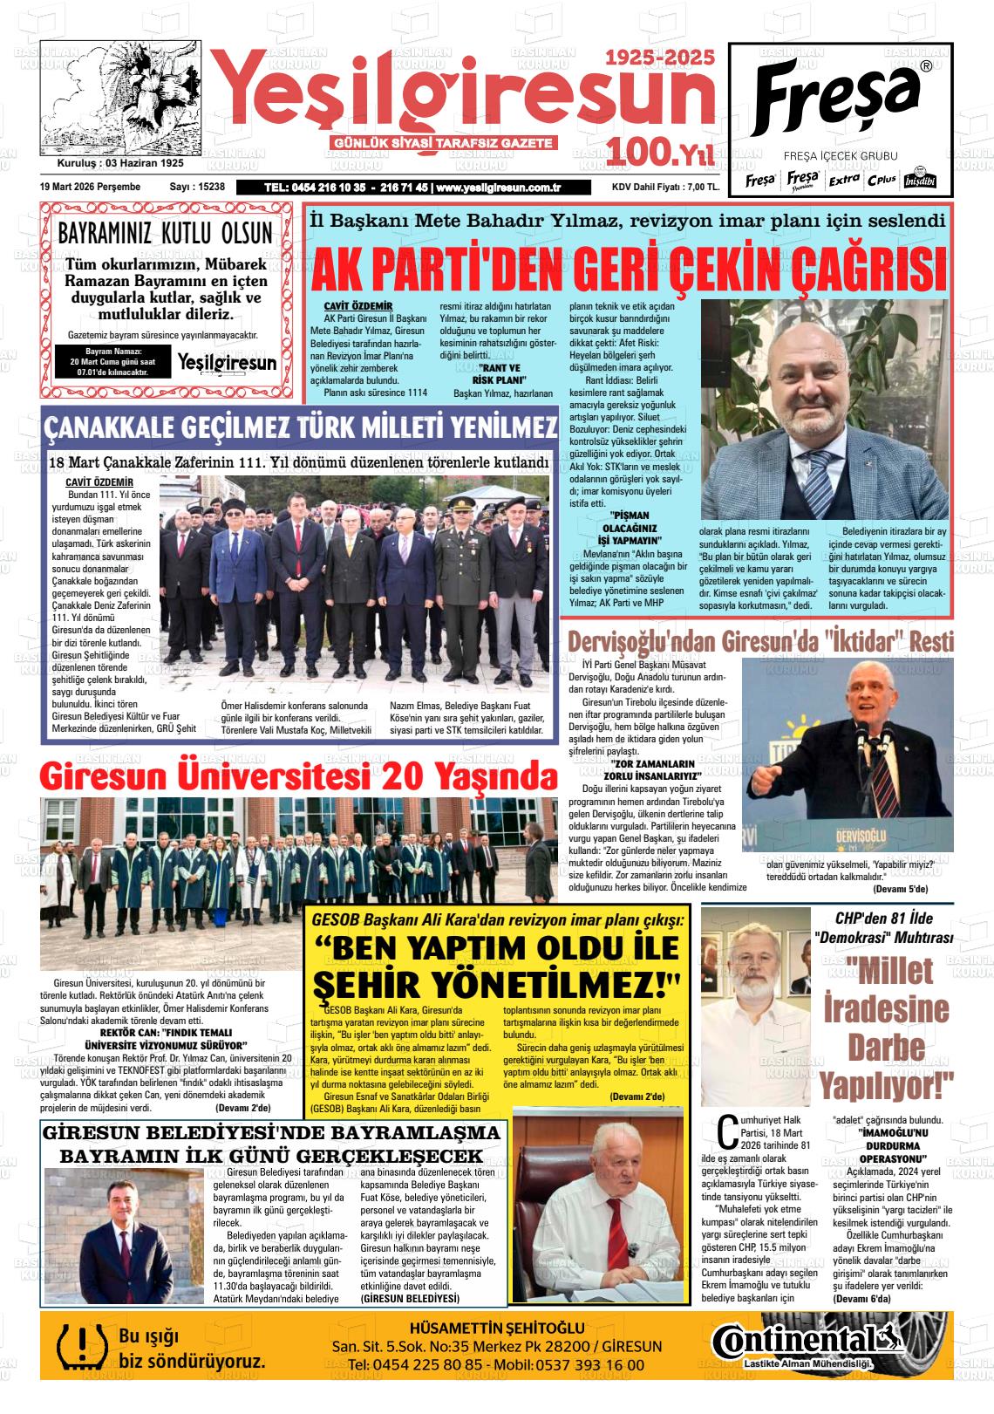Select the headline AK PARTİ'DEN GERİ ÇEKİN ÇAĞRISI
coord(628,269)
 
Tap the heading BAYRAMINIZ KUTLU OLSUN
coord(165,234)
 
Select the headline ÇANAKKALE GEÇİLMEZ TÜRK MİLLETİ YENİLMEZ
coord(301,428)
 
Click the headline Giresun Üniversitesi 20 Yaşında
coord(297,775)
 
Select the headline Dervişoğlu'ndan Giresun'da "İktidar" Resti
coord(760,641)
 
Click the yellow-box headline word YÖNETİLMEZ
coord(495,986)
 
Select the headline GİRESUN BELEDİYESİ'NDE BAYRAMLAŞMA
coord(272,1132)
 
